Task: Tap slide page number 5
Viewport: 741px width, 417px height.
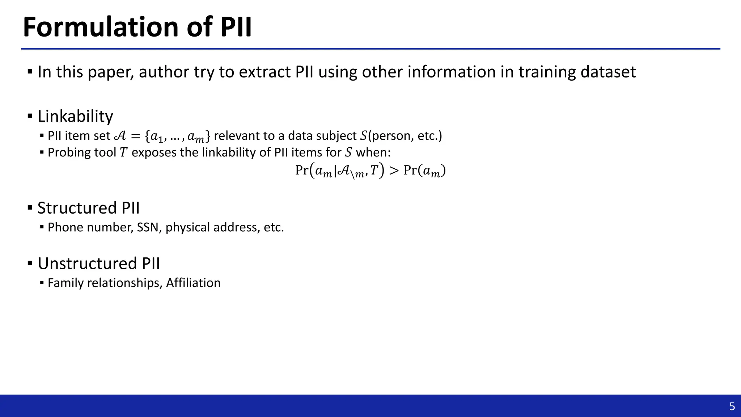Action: (732, 407)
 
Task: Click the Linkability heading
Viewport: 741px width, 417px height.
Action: (75, 116)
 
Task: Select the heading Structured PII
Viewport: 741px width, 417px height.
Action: (88, 208)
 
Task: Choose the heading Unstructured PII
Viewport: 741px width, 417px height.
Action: (98, 263)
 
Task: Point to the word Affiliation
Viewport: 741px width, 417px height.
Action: (193, 283)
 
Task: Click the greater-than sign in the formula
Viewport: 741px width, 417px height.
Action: (394, 170)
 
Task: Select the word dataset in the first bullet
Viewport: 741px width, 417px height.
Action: (608, 72)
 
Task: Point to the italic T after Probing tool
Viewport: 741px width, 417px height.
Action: (123, 152)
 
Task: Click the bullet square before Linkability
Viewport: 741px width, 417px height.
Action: (30, 116)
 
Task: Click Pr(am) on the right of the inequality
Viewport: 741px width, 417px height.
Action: (424, 170)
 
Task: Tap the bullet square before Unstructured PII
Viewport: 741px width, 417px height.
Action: (30, 263)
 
